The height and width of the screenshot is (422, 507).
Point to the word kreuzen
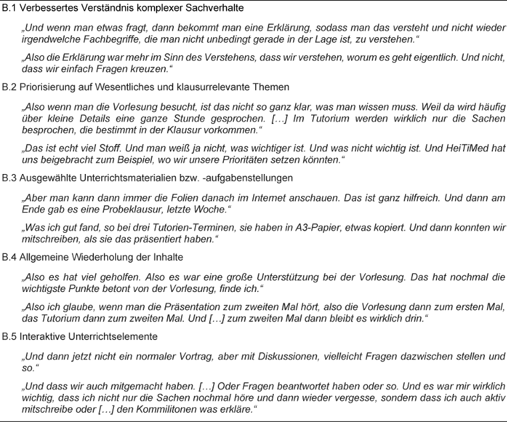(x=147, y=69)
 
